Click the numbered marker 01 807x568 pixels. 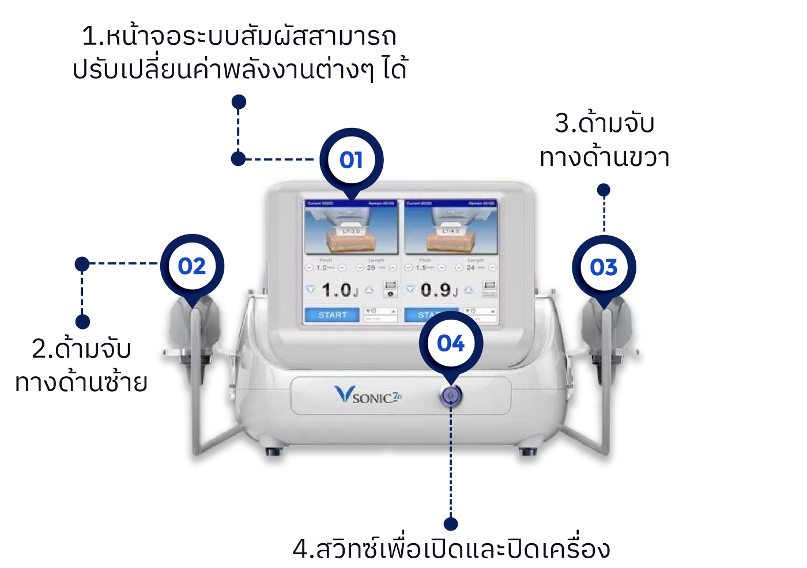(x=350, y=160)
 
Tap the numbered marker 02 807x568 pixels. (x=191, y=266)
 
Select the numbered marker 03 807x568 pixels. (x=604, y=267)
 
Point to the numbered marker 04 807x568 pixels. (x=450, y=343)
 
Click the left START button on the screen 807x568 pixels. (x=332, y=315)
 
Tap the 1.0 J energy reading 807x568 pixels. (x=338, y=290)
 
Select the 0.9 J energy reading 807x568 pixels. (x=438, y=290)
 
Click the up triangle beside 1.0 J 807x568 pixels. (x=369, y=290)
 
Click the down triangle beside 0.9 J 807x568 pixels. (x=410, y=290)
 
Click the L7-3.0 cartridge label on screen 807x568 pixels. (x=351, y=232)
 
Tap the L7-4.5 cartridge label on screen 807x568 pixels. (x=450, y=232)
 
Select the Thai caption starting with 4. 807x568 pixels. (x=451, y=549)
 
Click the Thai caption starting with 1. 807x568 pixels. (x=240, y=53)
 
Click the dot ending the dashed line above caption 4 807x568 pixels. (x=451, y=523)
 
